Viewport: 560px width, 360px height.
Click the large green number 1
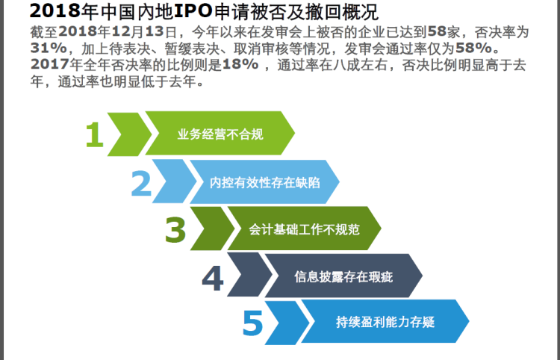click(x=95, y=134)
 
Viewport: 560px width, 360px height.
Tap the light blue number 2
click(x=141, y=183)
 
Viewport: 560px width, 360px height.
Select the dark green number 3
click(x=175, y=229)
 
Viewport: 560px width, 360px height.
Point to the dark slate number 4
click(x=213, y=278)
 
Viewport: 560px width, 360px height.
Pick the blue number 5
click(x=252, y=323)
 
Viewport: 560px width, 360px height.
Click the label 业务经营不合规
click(x=220, y=134)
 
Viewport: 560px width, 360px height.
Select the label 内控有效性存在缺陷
click(x=264, y=182)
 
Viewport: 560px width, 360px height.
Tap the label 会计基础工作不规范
click(x=304, y=229)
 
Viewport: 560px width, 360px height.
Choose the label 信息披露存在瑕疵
click(x=343, y=277)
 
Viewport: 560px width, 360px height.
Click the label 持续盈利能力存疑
click(x=385, y=322)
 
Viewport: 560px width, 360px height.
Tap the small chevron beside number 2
click(x=175, y=181)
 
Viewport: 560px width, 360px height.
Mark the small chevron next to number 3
click(x=213, y=229)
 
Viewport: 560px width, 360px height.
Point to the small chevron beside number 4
click(x=250, y=275)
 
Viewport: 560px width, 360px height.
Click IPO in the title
click(x=193, y=11)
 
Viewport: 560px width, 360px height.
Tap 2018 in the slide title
click(x=55, y=11)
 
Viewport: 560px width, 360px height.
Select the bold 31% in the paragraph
click(x=49, y=48)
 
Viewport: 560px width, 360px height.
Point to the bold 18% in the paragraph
click(x=240, y=65)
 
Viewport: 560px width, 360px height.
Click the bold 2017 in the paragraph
click(x=49, y=65)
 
